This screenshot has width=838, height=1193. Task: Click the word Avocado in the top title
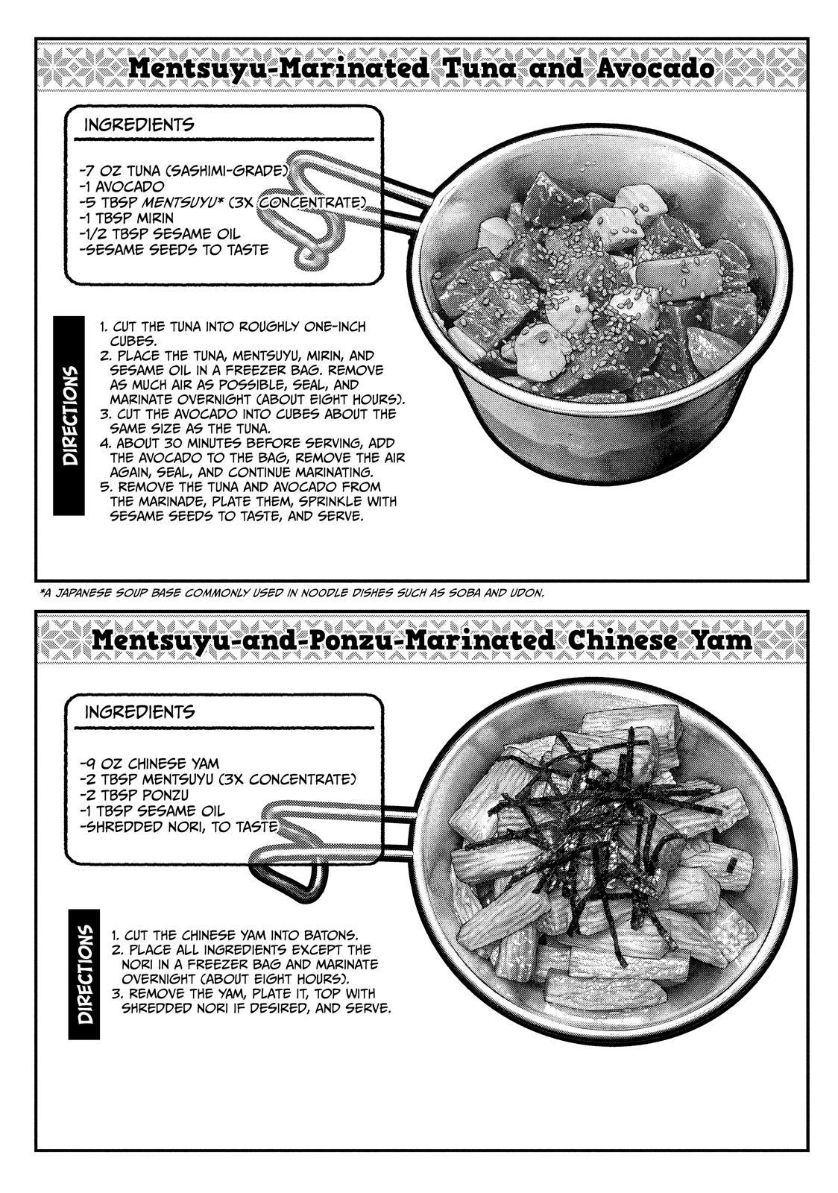coord(655,69)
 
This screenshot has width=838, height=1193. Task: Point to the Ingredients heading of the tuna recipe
coord(139,125)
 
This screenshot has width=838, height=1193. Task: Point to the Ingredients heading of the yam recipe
coord(139,712)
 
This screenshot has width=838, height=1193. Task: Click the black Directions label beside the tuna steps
coord(69,415)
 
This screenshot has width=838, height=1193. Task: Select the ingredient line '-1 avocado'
coord(122,187)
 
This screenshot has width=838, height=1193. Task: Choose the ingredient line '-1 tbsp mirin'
coord(126,218)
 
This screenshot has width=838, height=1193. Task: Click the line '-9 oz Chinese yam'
coord(149,764)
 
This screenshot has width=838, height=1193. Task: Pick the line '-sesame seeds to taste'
coord(174,250)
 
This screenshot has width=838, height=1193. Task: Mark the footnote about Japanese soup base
coord(292,594)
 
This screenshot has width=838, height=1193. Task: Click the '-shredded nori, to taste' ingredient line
coord(178,827)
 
